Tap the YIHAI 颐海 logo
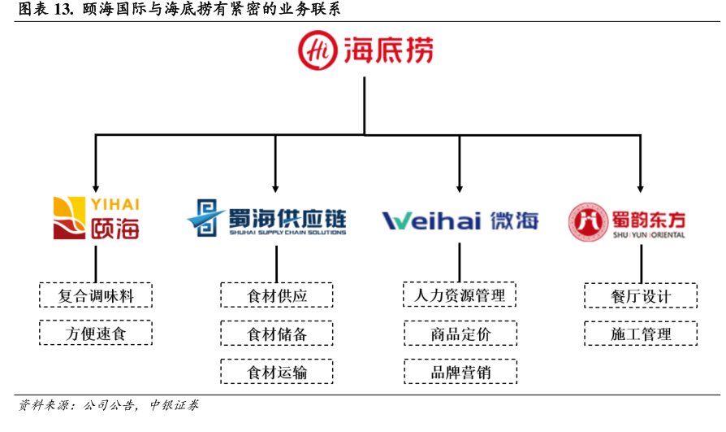point(97,217)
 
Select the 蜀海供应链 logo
point(267,218)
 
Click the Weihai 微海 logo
point(460,220)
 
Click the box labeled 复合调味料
point(97,294)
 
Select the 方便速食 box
point(97,333)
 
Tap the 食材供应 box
point(278,295)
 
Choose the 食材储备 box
point(278,334)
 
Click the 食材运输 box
point(278,373)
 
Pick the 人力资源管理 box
point(460,294)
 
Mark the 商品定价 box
point(460,334)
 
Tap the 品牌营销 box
point(460,373)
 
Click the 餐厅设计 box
point(641,295)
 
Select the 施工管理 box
point(641,334)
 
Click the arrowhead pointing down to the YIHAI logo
point(97,187)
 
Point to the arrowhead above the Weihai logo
point(460,187)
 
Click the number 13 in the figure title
point(63,11)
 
